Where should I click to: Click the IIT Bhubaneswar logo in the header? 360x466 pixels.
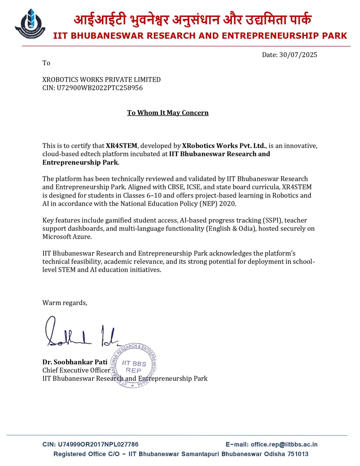30,24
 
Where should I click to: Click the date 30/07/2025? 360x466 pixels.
298,55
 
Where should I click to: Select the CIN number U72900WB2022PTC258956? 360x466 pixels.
100,88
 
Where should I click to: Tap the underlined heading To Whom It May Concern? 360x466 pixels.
168,113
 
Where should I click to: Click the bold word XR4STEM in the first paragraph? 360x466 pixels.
121,146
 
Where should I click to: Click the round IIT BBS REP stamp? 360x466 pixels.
134,366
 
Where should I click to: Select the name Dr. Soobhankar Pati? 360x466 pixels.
75,362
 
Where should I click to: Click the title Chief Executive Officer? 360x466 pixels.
76,370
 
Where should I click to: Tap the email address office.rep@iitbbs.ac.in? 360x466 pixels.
284,444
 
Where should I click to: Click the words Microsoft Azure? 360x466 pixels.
67,237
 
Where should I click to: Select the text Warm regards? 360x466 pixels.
65,303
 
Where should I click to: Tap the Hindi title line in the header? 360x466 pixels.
192,20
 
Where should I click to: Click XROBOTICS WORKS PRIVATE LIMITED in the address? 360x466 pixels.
101,80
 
